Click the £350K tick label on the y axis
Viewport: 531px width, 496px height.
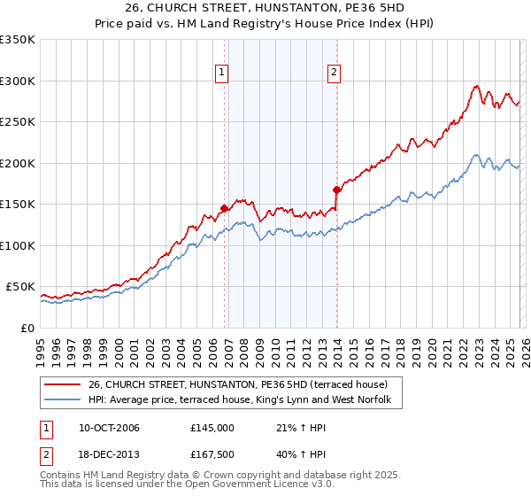(17, 40)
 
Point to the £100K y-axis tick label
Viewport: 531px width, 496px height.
(17, 245)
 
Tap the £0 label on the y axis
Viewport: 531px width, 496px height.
(27, 328)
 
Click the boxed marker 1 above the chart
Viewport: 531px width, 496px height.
(220, 74)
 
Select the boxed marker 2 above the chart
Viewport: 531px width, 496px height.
(334, 74)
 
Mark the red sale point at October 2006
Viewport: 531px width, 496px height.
(225, 208)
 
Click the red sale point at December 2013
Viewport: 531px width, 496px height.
(337, 190)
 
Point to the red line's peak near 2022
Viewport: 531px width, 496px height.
(476, 86)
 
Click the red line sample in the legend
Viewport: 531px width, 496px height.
(63, 384)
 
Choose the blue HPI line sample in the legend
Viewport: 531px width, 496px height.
(63, 400)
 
